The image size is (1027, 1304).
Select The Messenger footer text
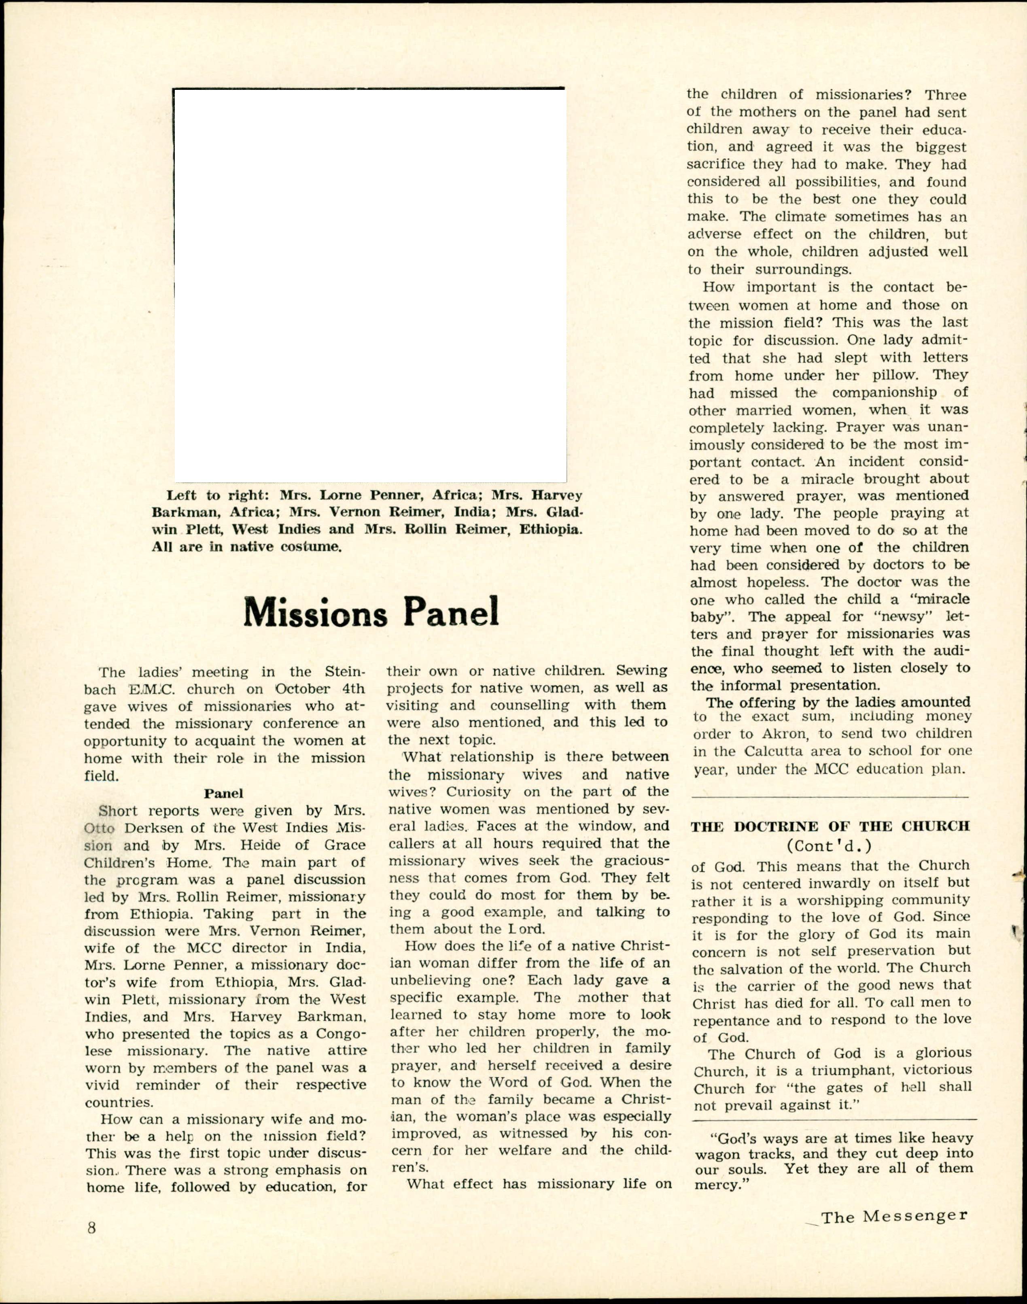pos(894,1216)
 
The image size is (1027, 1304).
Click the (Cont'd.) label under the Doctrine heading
pos(829,846)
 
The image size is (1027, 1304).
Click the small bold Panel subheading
pos(224,793)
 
